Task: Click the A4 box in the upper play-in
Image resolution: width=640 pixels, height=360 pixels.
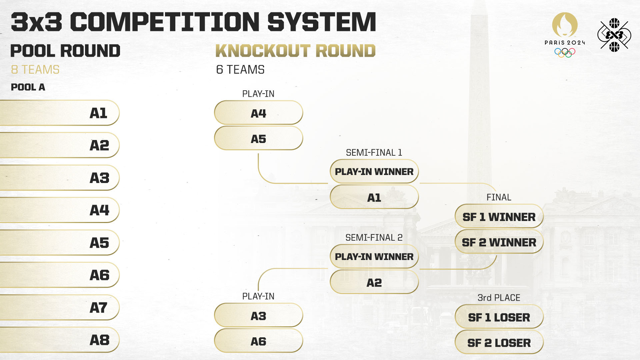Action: pos(258,113)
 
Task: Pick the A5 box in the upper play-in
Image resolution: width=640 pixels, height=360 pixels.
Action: pos(258,139)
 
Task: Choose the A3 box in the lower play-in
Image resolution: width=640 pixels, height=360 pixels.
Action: pos(258,316)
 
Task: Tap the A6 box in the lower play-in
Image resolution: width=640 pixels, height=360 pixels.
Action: pos(258,341)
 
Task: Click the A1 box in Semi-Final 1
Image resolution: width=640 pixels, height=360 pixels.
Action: pos(374,197)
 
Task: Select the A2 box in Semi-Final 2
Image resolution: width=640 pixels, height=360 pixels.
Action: pos(374,282)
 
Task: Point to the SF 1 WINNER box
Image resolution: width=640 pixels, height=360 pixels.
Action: pos(499,217)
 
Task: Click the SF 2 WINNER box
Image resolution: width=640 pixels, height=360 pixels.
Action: pos(499,242)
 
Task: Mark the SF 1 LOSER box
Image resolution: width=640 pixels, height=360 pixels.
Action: pos(499,317)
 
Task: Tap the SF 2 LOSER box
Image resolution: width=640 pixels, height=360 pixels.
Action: pos(499,342)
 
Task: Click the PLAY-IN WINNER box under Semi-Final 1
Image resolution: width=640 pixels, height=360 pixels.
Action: pos(374,171)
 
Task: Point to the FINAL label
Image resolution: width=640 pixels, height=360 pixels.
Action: pos(499,197)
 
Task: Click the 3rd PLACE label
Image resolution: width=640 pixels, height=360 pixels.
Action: pos(499,298)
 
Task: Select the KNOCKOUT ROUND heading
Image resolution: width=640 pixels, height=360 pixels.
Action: pos(295,51)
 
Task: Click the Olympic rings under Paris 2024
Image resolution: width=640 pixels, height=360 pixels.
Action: pos(565,52)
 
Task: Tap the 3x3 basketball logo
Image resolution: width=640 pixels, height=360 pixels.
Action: pos(614,35)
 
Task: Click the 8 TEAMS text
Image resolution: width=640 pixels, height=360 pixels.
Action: pos(35,70)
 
